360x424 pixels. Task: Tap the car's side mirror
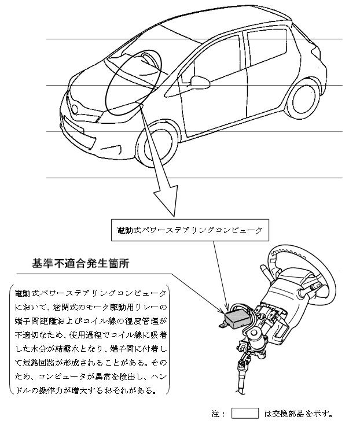point(200,82)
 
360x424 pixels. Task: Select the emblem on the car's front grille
point(75,109)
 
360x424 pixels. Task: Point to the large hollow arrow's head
point(166,201)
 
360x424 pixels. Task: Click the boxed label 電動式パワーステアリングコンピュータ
point(190,230)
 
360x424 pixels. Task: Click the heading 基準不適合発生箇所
point(80,263)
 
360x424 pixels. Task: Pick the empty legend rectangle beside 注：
point(245,414)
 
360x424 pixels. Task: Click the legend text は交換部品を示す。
point(298,414)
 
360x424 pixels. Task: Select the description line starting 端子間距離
point(91,321)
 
